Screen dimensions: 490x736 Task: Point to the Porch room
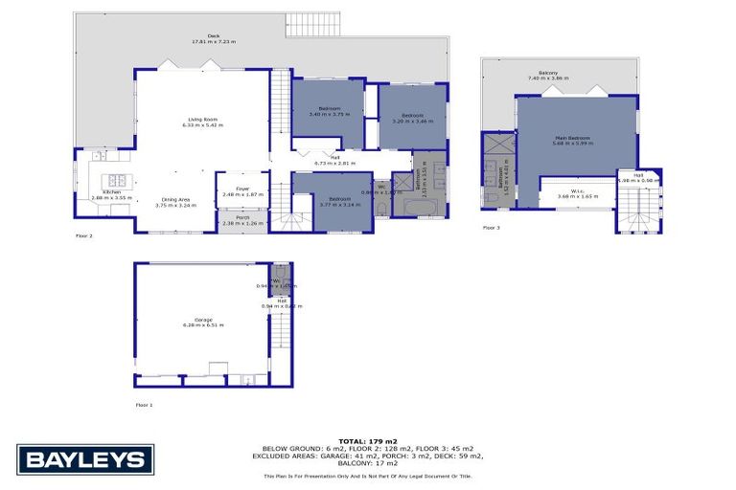235,224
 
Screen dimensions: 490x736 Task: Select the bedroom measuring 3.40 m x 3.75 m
329,113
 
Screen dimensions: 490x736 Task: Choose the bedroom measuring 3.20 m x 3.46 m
413,118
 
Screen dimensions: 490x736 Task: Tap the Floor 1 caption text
144,405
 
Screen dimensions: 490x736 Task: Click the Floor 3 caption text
491,228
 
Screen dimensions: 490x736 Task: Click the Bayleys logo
85,459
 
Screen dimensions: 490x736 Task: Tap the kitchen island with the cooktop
118,180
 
